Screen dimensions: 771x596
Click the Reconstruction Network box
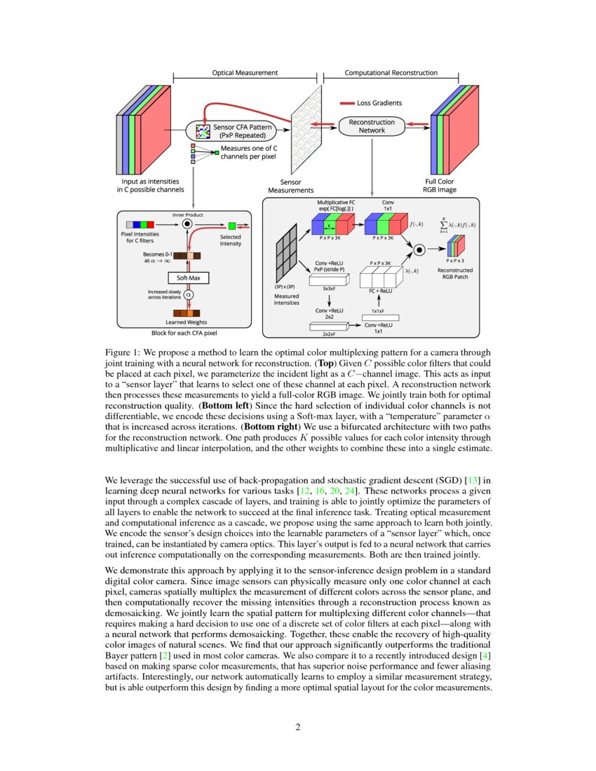tap(372, 126)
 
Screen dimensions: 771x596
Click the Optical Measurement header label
tap(245, 72)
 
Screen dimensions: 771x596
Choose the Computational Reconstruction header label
tap(391, 72)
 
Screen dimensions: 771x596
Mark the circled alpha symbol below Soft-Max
tap(187, 294)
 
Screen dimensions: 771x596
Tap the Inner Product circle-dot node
tap(187, 224)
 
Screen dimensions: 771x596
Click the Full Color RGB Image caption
tap(438, 186)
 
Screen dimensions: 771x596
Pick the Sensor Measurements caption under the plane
tap(292, 186)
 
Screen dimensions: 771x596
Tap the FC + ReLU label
tap(382, 288)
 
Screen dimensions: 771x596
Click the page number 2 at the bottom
tap(298, 726)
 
